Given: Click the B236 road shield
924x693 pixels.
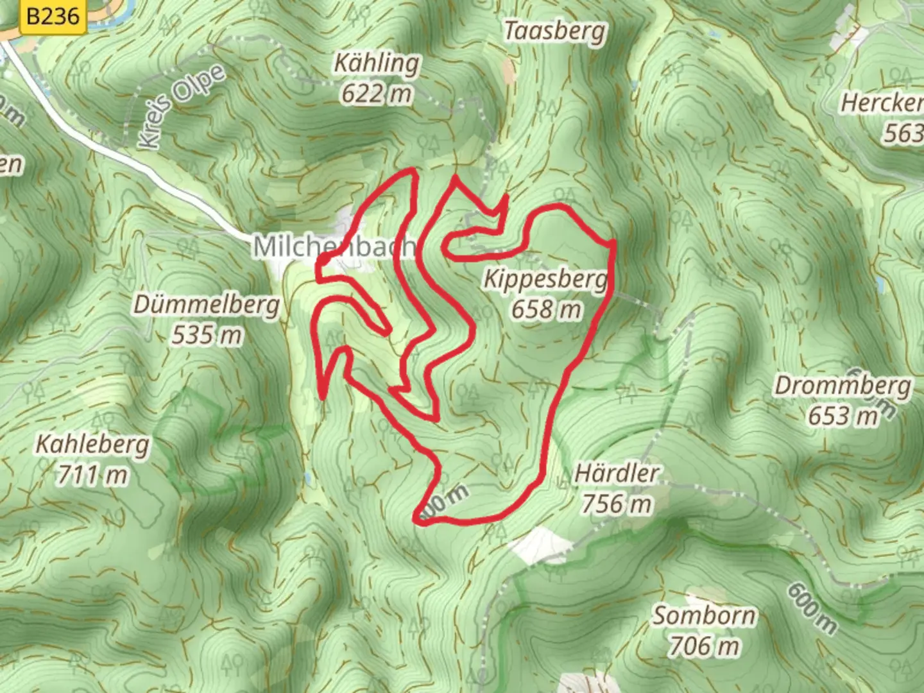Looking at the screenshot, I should (x=53, y=15).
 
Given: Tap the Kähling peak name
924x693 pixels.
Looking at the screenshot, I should (x=377, y=63).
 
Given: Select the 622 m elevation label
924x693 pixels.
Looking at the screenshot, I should (x=376, y=94).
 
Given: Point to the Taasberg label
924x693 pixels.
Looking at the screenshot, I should (x=554, y=31).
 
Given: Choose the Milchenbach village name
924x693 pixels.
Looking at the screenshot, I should (x=334, y=246).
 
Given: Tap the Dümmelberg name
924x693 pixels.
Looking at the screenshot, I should (x=207, y=304).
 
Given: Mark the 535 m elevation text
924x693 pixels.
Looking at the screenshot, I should (x=207, y=334).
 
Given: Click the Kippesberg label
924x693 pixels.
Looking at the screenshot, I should (x=545, y=279).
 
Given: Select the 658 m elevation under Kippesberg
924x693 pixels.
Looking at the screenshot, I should (x=546, y=310).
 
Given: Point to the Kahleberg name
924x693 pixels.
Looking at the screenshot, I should (x=92, y=444).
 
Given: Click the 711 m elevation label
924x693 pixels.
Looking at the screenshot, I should (x=92, y=475).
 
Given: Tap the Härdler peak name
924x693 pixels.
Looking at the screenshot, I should (x=617, y=474).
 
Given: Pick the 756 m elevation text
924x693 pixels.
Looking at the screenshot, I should (x=617, y=504).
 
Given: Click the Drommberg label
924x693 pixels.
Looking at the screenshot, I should (x=843, y=386).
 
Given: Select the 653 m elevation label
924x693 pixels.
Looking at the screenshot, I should (x=843, y=416).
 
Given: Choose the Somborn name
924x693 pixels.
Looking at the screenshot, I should (x=704, y=616).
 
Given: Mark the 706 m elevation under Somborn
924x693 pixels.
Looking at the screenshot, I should (x=704, y=646).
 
